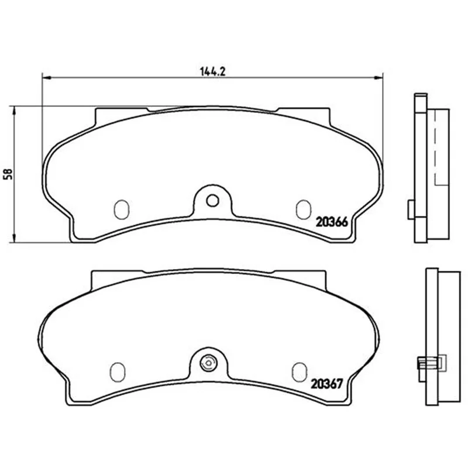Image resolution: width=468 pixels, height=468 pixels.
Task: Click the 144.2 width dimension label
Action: (212, 71)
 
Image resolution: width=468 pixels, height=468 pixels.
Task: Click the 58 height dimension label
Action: (8, 174)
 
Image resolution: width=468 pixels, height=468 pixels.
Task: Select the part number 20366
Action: (332, 222)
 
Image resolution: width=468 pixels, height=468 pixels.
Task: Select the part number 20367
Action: (327, 384)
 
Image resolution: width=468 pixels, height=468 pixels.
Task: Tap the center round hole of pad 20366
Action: (212, 201)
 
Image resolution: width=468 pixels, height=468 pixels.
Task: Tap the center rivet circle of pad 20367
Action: (209, 363)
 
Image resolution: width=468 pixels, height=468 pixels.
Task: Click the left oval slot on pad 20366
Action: (122, 209)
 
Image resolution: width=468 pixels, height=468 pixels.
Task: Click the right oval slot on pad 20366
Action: (304, 209)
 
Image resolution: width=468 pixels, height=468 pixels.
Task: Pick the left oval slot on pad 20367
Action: (118, 372)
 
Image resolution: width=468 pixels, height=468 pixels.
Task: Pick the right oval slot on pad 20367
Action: (300, 372)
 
